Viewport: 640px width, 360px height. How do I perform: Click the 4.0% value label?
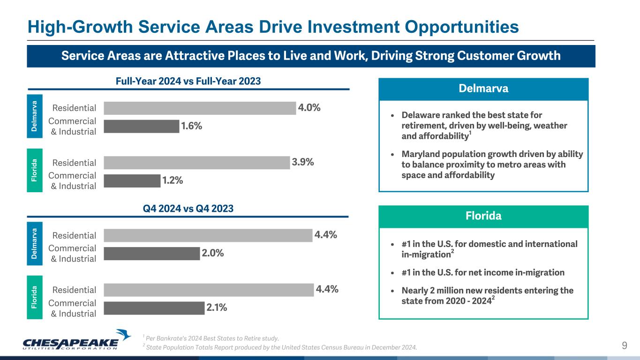coord(309,108)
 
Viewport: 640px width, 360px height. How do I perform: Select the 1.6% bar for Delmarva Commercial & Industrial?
coord(141,126)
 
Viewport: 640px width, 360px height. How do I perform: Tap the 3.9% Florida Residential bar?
coord(196,163)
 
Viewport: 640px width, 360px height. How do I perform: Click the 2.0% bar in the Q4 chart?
coord(151,254)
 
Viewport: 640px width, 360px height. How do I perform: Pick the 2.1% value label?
coord(216,308)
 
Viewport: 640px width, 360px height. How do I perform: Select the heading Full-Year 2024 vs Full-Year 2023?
coord(188,81)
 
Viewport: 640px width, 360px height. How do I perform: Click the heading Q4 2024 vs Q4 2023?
coord(188,209)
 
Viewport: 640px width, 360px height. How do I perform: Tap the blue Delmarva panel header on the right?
coord(483,89)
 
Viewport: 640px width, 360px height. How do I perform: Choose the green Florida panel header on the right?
coord(483,216)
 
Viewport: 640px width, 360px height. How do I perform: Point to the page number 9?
coord(625,346)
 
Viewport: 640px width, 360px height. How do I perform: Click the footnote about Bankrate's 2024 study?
coord(211,338)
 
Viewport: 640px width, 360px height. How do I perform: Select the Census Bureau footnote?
coord(279,347)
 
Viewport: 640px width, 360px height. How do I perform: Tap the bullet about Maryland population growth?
coord(491,165)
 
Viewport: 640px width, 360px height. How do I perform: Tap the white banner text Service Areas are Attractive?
coord(311,56)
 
